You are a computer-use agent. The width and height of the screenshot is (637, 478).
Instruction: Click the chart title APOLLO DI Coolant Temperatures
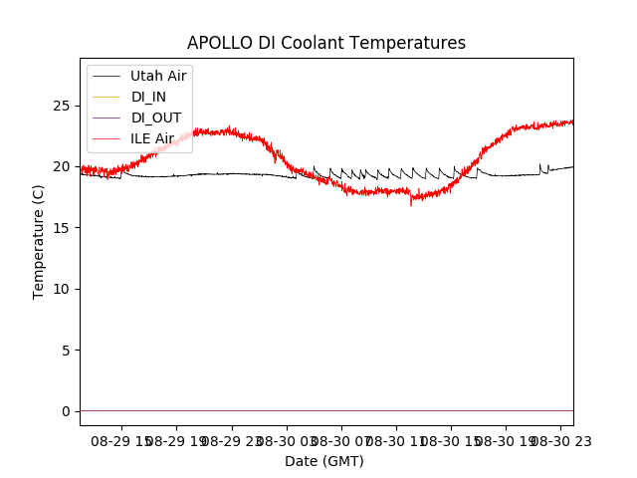tap(326, 43)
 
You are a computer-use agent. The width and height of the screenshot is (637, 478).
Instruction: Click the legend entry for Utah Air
tap(158, 76)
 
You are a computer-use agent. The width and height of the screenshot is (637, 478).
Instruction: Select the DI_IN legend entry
tap(149, 97)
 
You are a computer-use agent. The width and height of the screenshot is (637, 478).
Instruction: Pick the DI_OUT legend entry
tap(155, 118)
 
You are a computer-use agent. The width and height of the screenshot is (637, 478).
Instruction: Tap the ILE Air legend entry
tap(152, 138)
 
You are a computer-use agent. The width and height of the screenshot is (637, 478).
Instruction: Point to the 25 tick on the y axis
tap(65, 106)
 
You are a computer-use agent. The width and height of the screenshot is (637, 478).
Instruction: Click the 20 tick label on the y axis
tap(65, 166)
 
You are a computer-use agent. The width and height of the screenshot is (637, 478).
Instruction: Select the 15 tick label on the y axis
tap(65, 228)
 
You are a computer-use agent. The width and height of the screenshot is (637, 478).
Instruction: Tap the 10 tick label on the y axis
tap(65, 289)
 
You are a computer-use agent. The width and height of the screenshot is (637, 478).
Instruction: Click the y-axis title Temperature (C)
tap(39, 241)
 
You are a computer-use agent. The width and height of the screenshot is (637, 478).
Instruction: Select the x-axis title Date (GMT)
tap(324, 461)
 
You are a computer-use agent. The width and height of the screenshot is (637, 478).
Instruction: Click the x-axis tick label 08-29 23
tap(231, 440)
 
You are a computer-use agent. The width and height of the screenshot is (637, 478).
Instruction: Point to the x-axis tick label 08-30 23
tap(559, 440)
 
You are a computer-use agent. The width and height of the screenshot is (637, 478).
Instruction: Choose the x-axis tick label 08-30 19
tap(505, 440)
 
